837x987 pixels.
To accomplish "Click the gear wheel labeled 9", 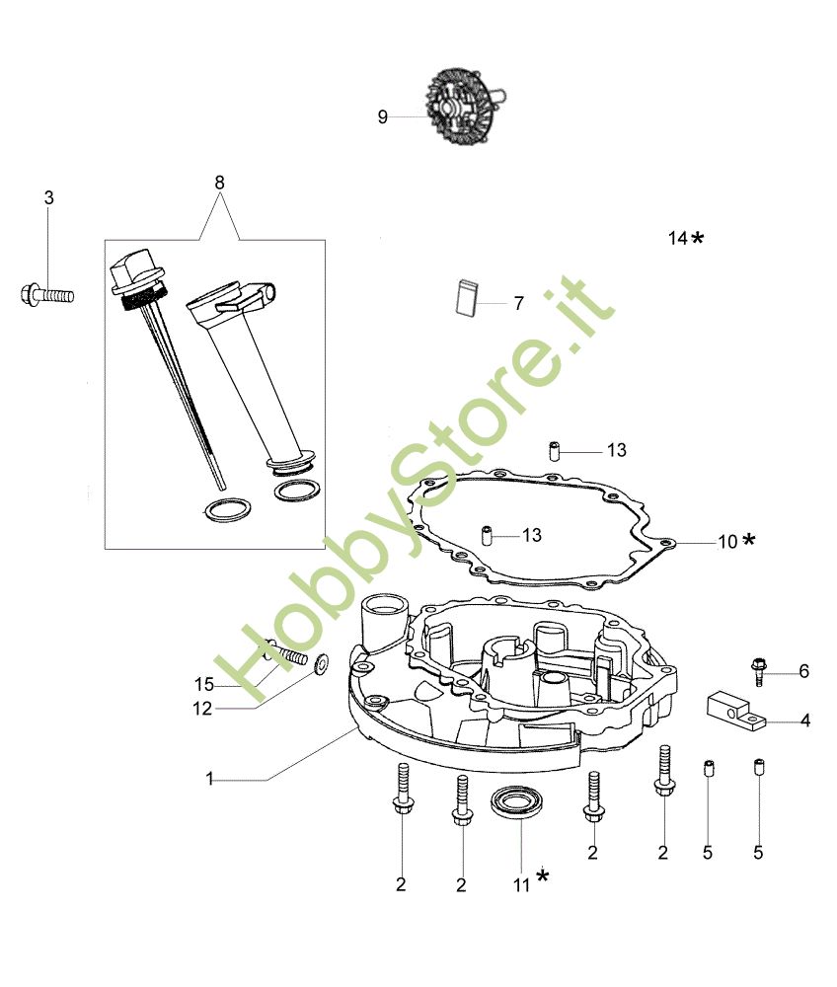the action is point(465,107).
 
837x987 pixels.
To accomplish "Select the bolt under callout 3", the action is point(47,294).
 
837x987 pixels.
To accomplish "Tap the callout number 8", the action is point(219,183).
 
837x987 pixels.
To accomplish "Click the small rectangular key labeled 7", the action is point(466,296).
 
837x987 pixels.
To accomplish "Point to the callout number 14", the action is point(677,238).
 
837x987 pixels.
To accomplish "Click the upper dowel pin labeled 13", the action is point(555,452).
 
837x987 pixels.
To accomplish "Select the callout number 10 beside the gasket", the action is point(727,541).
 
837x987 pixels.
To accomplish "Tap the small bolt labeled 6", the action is point(758,671).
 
